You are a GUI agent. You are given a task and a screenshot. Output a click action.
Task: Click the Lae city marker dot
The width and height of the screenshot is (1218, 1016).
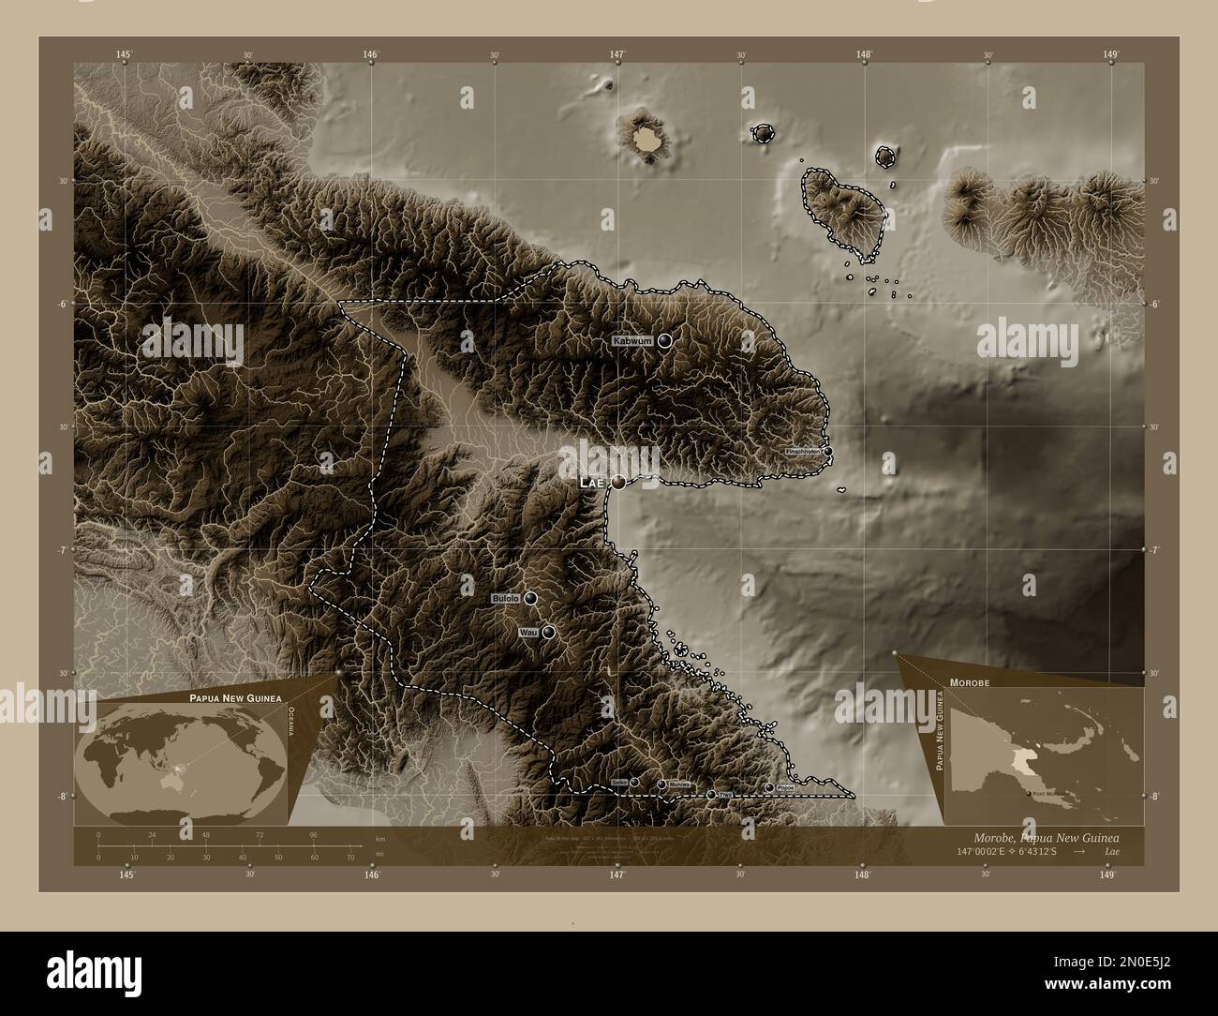(x=618, y=483)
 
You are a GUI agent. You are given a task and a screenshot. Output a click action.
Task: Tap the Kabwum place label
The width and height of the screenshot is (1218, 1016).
(x=632, y=341)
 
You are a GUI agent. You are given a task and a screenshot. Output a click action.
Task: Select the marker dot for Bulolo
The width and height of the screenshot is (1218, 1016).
(x=530, y=598)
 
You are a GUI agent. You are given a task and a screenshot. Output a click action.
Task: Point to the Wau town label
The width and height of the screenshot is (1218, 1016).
(x=527, y=634)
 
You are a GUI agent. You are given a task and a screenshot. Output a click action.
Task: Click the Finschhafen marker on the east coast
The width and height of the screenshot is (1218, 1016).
(x=827, y=451)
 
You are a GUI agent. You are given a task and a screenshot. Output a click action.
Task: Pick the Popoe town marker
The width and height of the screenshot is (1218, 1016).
(x=769, y=787)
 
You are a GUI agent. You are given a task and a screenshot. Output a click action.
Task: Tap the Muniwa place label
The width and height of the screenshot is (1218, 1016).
(x=680, y=784)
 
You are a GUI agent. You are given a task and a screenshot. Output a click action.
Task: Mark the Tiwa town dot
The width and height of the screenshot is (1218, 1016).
(x=711, y=794)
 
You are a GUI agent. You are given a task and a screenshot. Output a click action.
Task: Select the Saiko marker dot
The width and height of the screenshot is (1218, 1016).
(x=634, y=782)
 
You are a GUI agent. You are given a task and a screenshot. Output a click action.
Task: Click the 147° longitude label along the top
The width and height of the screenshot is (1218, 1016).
(x=617, y=55)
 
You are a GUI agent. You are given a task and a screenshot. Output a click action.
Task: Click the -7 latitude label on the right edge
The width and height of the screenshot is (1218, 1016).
(x=1155, y=550)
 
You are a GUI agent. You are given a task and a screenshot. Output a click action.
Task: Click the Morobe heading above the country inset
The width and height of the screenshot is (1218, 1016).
(x=970, y=684)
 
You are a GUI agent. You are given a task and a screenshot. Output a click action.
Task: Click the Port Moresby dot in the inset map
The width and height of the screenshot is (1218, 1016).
(x=1030, y=793)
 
